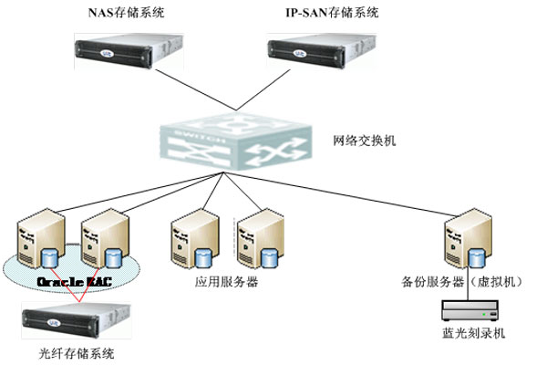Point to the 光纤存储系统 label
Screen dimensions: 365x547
coord(70,352)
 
